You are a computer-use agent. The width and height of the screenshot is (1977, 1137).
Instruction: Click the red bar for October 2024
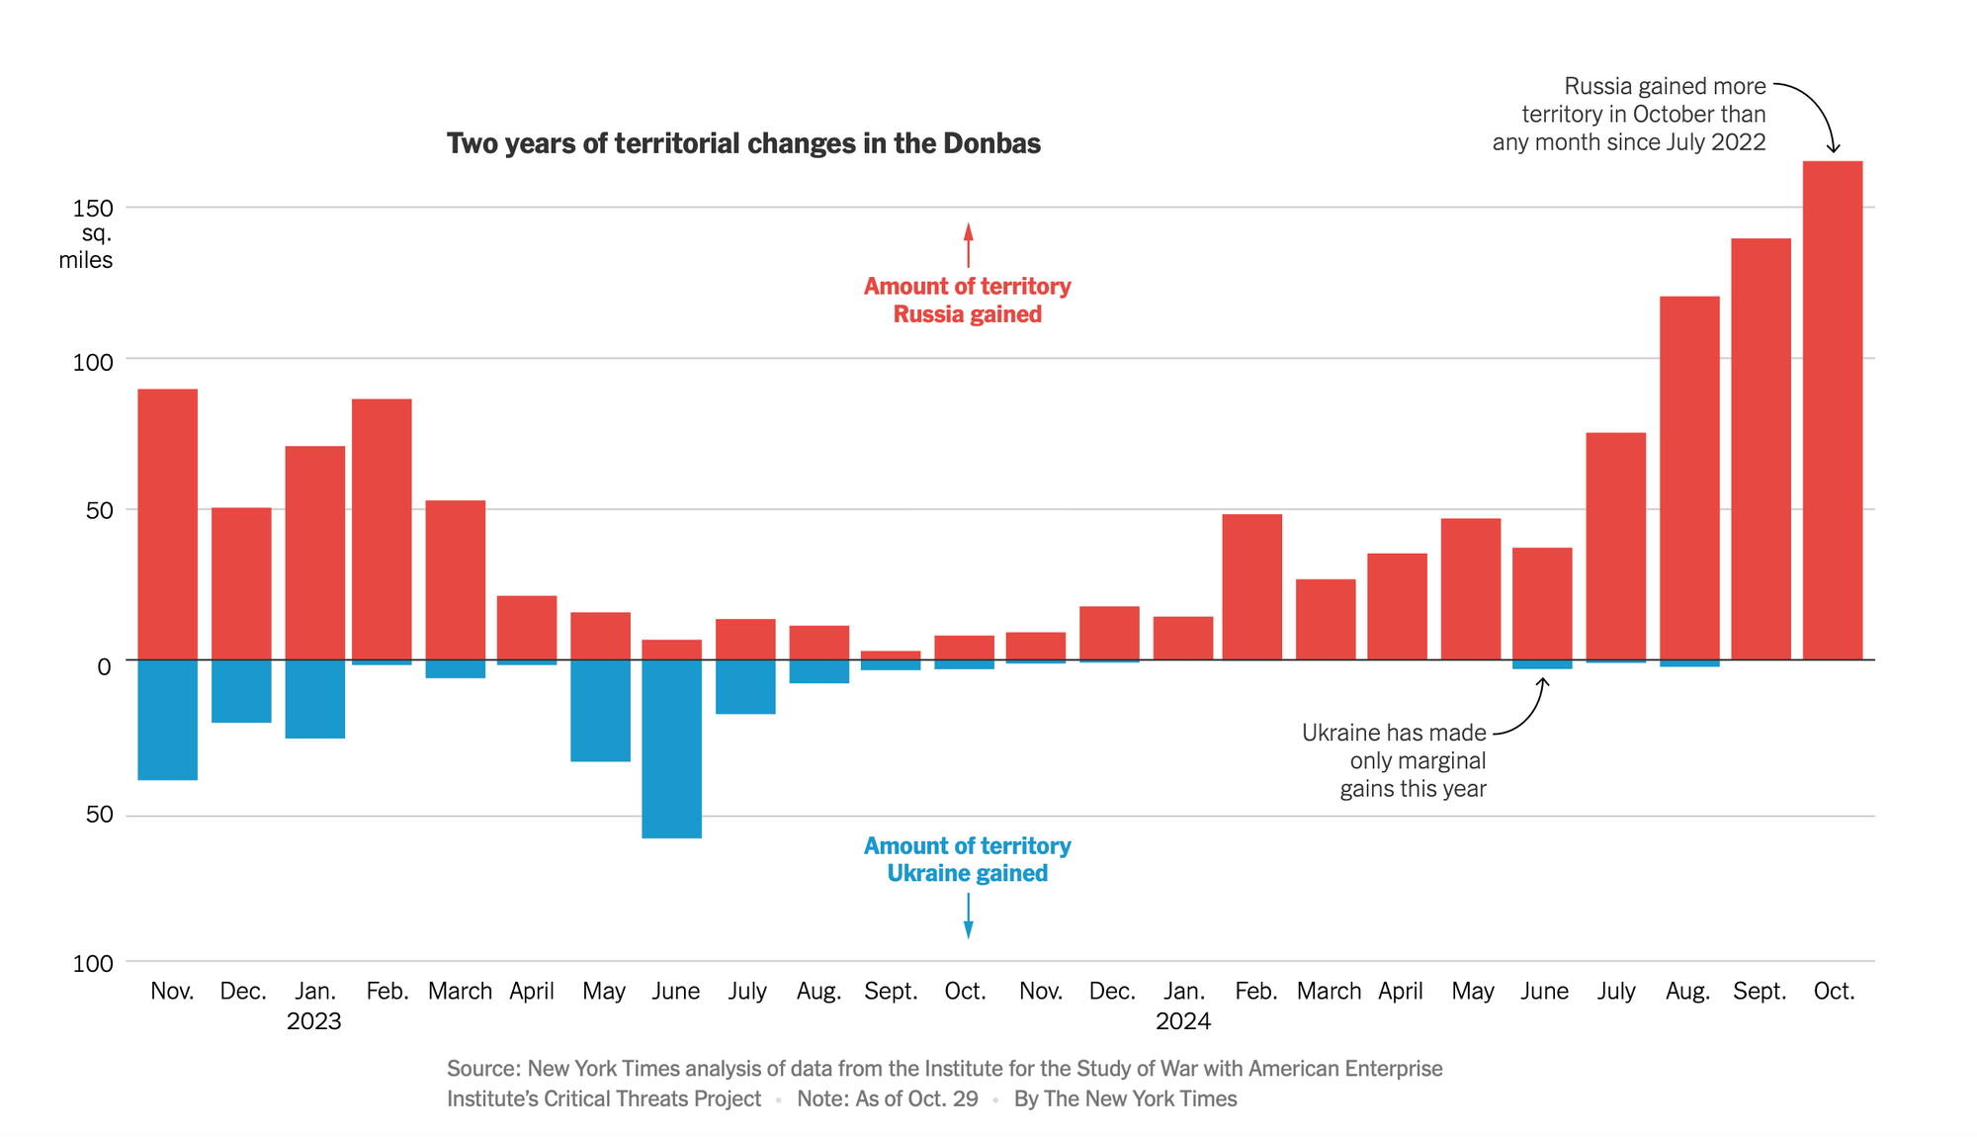click(x=1832, y=410)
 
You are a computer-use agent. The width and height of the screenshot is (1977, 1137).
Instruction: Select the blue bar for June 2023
click(x=671, y=748)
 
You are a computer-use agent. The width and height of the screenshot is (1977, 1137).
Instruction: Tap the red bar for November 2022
click(x=167, y=524)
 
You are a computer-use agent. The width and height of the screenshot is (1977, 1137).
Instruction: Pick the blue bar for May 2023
click(x=600, y=710)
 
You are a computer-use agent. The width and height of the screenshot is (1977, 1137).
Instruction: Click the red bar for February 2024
click(x=1251, y=586)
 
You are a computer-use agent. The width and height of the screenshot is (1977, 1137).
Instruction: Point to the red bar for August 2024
click(x=1688, y=478)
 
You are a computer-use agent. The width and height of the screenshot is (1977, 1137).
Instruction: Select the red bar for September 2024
click(x=1761, y=449)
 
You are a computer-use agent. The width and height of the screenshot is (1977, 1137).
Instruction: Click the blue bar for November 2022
click(x=167, y=720)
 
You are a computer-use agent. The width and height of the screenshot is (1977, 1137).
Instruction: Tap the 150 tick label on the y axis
click(x=93, y=209)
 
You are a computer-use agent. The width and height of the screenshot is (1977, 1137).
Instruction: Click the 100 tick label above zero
click(x=93, y=362)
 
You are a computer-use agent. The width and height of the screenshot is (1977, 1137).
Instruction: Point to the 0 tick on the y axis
click(x=104, y=666)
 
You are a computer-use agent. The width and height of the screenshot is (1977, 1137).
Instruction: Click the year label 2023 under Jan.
click(x=313, y=1021)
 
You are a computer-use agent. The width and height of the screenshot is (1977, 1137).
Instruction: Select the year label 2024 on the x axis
click(x=1182, y=1021)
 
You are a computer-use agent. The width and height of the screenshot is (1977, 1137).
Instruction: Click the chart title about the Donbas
click(x=743, y=143)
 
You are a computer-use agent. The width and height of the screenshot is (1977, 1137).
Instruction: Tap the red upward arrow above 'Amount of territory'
click(x=968, y=244)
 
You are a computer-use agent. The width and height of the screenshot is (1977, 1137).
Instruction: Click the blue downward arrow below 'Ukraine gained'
click(x=968, y=916)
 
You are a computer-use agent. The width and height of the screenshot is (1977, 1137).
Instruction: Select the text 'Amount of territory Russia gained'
click(x=967, y=300)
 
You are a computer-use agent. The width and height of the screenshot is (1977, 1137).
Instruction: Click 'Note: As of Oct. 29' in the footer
click(x=887, y=1098)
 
